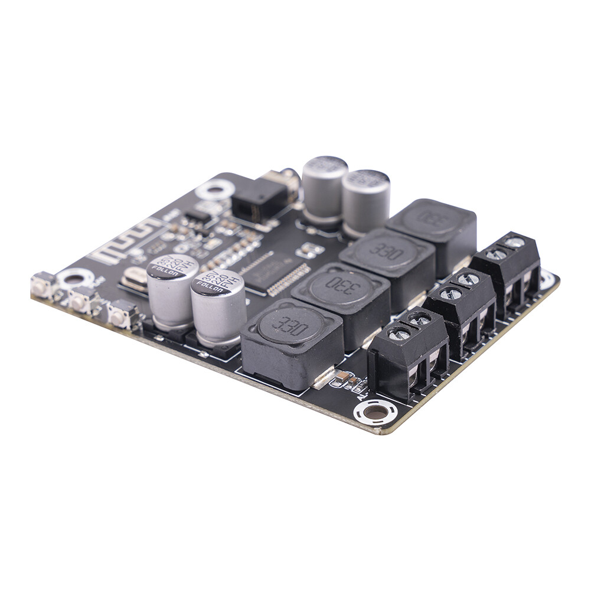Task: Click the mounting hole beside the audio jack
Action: click(215, 190)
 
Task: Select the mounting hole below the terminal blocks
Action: click(375, 412)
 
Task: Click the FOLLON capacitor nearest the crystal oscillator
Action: click(172, 289)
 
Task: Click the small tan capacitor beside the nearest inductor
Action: click(342, 378)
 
